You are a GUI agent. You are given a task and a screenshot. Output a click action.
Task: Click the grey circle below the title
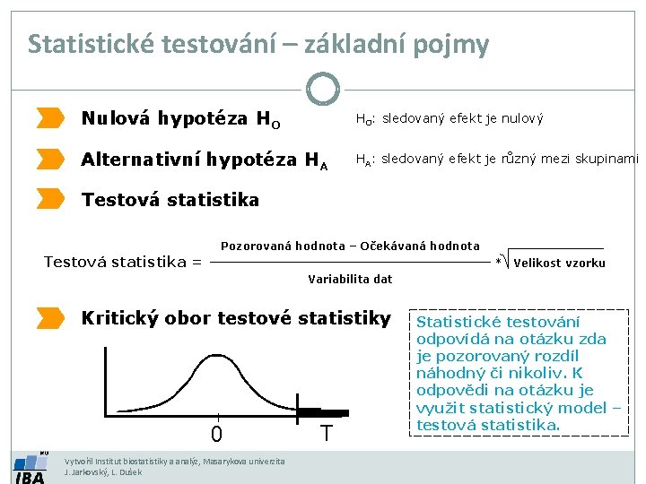point(323,89)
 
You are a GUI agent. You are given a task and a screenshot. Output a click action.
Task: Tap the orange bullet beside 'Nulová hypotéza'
point(51,117)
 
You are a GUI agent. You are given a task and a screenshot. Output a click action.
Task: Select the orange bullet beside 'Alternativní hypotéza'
point(51,160)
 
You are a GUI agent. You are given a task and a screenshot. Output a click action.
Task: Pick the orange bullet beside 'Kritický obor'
point(51,317)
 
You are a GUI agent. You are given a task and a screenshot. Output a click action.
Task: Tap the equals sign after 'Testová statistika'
point(196,262)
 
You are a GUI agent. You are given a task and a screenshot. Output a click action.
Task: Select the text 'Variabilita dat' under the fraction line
point(350,279)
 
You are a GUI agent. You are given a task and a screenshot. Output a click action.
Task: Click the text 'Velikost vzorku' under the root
point(559,263)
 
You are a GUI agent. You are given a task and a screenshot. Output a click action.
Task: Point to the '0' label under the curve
point(216,435)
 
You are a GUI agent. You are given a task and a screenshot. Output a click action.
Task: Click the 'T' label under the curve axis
point(327,434)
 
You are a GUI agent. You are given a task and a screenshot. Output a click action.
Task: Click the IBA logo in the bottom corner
point(30,469)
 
